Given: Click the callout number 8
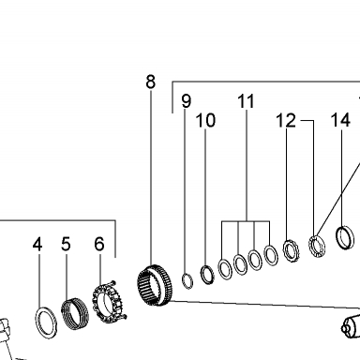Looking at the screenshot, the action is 150,82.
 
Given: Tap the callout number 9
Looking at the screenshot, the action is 187,101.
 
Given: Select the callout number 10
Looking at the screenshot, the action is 205,120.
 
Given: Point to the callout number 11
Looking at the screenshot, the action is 246,101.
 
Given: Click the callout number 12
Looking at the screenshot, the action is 286,120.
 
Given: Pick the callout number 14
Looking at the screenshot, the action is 340,120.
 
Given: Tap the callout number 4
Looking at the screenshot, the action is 37,244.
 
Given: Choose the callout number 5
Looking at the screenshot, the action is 66,244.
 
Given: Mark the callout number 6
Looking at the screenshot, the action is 99,244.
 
